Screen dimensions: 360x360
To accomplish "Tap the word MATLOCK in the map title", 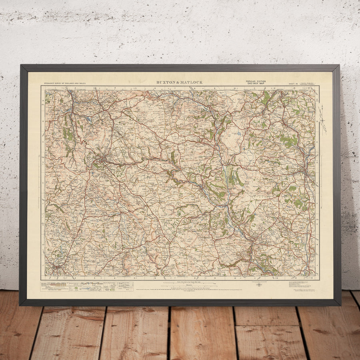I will pyautogui.click(x=191, y=82).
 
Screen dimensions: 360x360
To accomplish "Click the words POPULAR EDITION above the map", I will pyautogui.click(x=256, y=81).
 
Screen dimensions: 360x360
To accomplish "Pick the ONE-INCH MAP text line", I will pyautogui.click(x=256, y=84).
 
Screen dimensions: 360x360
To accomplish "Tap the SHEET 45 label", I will pyautogui.click(x=294, y=84).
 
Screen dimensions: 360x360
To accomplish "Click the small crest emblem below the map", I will pyautogui.click(x=259, y=285).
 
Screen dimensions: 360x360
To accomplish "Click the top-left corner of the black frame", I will pyautogui.click(x=21, y=66).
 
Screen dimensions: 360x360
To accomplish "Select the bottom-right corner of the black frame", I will pyautogui.click(x=340, y=305).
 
